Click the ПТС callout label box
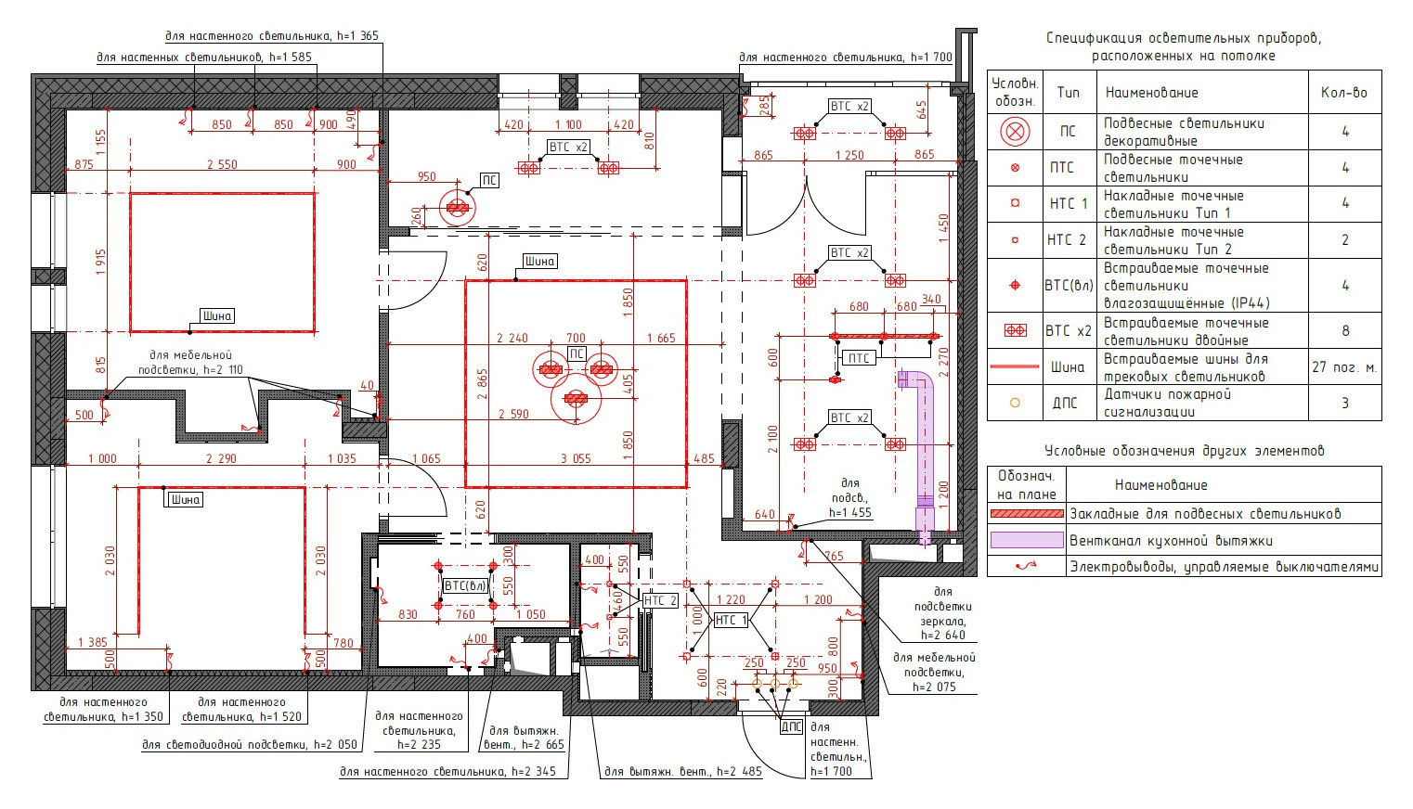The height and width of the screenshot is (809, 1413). (x=859, y=358)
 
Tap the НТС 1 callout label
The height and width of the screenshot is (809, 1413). (x=731, y=620)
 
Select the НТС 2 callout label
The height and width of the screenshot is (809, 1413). (x=660, y=601)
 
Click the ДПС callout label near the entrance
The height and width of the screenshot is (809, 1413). (x=791, y=726)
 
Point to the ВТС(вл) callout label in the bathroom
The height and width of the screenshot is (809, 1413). (x=465, y=585)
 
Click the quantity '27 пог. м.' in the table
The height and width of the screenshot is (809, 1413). (x=1344, y=367)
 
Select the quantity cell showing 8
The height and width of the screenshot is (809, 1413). (x=1345, y=330)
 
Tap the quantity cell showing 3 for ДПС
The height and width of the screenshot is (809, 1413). (x=1345, y=403)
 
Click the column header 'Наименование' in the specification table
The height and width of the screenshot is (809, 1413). (x=1151, y=93)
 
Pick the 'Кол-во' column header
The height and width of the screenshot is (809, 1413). (x=1344, y=93)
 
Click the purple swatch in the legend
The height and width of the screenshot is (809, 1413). (x=1027, y=540)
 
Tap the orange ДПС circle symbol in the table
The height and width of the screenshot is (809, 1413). (x=1015, y=403)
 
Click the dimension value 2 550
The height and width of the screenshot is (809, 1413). (x=222, y=164)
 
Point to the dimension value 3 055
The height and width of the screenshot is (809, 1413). (x=576, y=458)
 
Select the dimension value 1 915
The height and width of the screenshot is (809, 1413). (x=101, y=263)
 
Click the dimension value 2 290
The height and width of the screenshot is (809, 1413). (x=221, y=458)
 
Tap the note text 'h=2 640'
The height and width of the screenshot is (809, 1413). (x=943, y=635)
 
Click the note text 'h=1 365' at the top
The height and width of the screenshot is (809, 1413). (x=357, y=36)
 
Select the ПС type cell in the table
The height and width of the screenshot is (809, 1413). (x=1068, y=131)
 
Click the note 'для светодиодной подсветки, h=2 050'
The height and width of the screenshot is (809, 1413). (x=250, y=745)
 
